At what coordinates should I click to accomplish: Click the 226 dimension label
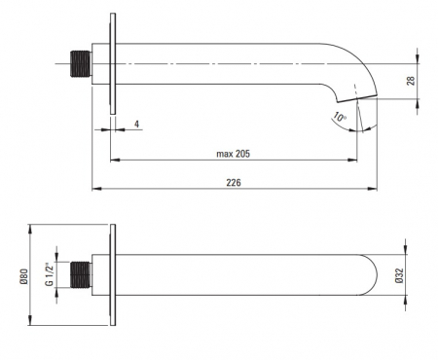tap(234, 183)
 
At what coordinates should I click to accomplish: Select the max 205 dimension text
tap(234, 154)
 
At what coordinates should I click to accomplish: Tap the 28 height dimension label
tap(411, 81)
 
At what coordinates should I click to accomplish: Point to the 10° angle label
tap(340, 117)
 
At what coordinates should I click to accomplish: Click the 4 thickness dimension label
tap(137, 125)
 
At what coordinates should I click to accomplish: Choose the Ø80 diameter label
tap(24, 276)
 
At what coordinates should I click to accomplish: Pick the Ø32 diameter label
tap(399, 275)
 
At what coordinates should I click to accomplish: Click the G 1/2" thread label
tap(49, 274)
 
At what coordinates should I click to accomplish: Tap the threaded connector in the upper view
tap(81, 63)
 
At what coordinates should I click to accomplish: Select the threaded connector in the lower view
tap(81, 274)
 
